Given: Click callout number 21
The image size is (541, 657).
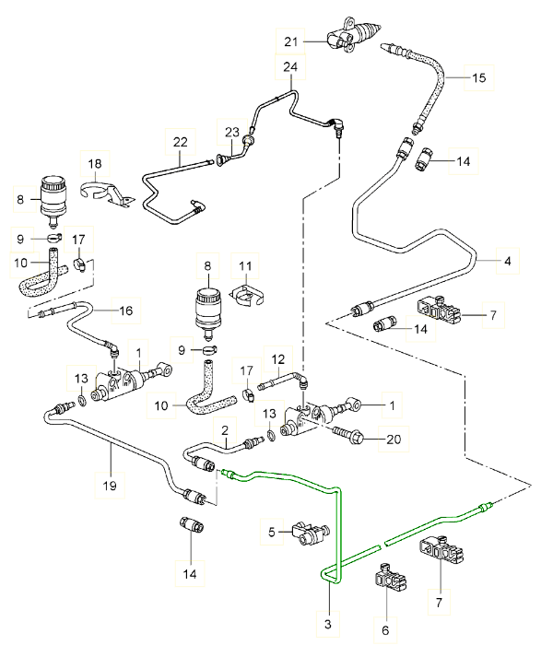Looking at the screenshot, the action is pyautogui.click(x=291, y=41).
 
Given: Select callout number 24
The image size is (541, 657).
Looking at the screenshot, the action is pyautogui.click(x=290, y=66).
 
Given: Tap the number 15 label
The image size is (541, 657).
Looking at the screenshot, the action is pyautogui.click(x=478, y=77).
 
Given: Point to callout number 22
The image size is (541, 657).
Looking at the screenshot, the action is pyautogui.click(x=181, y=142).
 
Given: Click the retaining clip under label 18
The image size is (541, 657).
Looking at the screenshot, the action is pyautogui.click(x=107, y=193).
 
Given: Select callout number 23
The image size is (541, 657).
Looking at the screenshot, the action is pyautogui.click(x=231, y=133).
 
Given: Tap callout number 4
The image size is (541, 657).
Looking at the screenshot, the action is pyautogui.click(x=508, y=261).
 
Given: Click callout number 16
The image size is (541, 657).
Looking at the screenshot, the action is pyautogui.click(x=125, y=311).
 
